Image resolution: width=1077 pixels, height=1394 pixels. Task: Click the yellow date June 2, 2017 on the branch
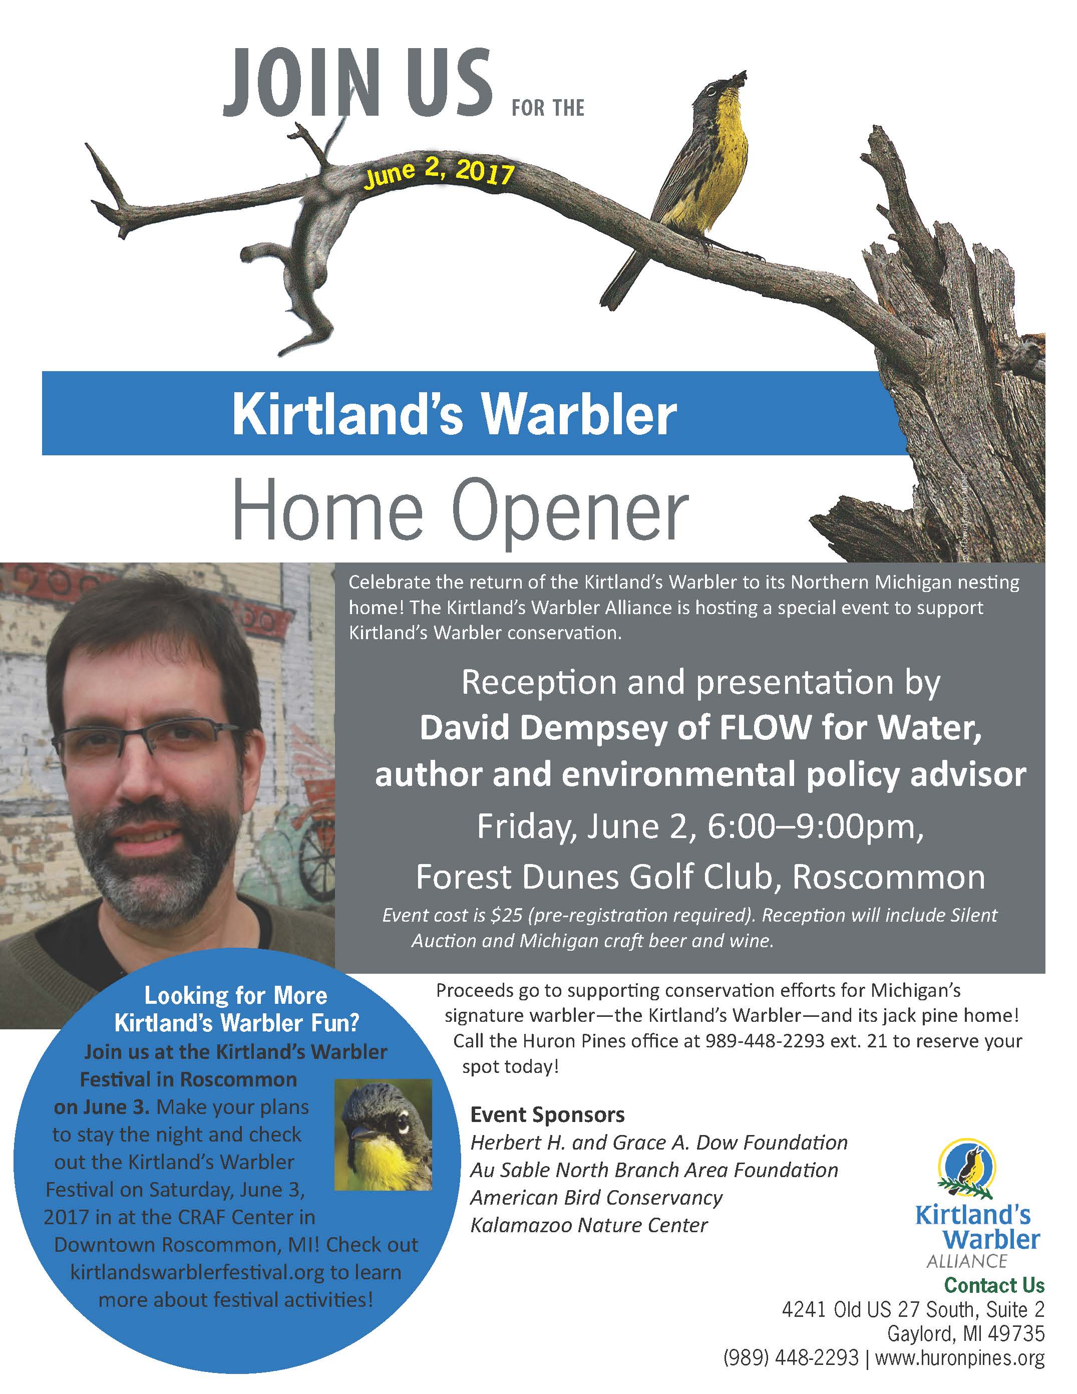439,173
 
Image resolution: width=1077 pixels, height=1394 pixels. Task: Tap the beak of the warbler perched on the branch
738,79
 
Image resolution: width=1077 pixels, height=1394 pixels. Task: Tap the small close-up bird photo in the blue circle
384,1134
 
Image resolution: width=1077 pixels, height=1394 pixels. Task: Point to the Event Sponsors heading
547,1114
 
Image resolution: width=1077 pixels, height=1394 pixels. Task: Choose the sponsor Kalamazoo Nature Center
589,1225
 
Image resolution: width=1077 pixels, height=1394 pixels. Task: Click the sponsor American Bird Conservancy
596,1198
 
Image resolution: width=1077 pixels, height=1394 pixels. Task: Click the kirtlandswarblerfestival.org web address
197,1272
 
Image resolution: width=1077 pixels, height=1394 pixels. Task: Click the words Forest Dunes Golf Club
598,878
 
